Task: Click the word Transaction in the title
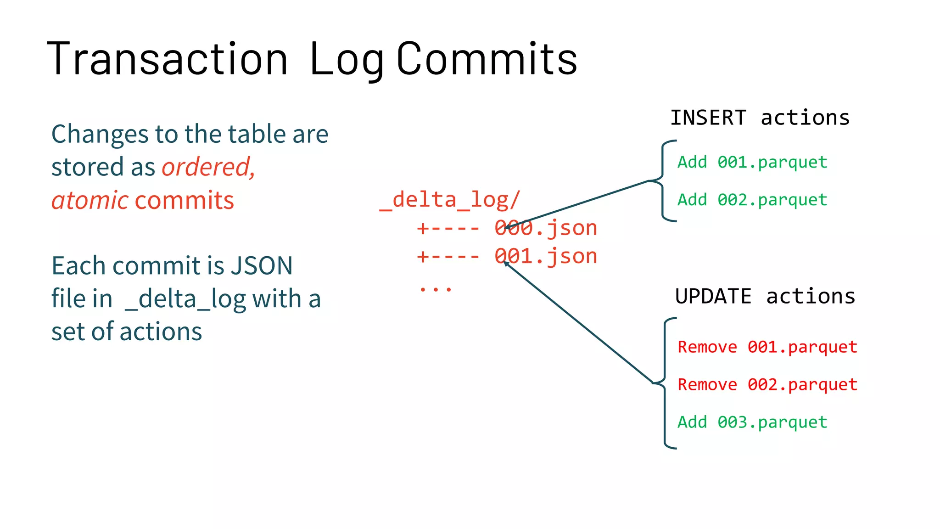(x=167, y=59)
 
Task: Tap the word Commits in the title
(x=487, y=59)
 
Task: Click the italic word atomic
(x=90, y=201)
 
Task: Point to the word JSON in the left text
(x=261, y=266)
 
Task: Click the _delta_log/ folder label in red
(x=450, y=200)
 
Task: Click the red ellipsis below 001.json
(x=435, y=289)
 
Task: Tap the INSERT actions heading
(x=760, y=118)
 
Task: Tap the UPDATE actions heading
(x=765, y=297)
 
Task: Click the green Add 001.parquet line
(x=752, y=162)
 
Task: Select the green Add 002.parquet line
(x=752, y=200)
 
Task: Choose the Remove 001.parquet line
(x=767, y=347)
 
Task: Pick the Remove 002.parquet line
(x=767, y=385)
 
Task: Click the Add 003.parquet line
(x=752, y=422)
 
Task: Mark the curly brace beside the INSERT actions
(x=663, y=181)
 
